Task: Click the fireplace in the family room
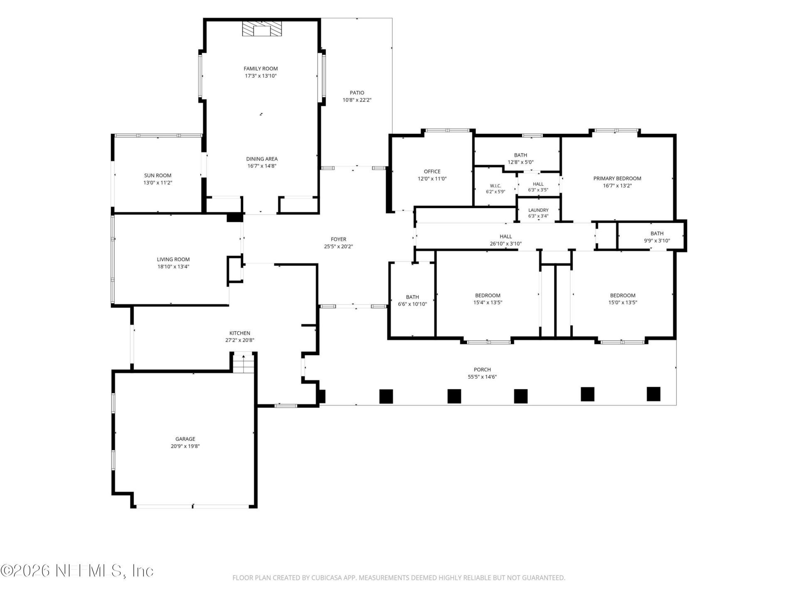[262, 29]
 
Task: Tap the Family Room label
[261, 69]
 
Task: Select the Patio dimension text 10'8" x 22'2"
[357, 100]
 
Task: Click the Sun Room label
[158, 176]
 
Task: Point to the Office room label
[432, 172]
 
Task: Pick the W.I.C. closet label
[495, 186]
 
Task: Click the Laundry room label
[538, 210]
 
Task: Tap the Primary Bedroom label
[617, 179]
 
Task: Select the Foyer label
[338, 239]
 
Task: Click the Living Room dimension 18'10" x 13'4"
[173, 267]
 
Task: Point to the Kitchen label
[240, 333]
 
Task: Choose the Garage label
[185, 439]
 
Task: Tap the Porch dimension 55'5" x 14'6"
[482, 377]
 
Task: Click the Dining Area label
[262, 159]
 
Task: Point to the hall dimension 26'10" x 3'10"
[506, 244]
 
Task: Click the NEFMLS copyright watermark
[77, 571]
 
